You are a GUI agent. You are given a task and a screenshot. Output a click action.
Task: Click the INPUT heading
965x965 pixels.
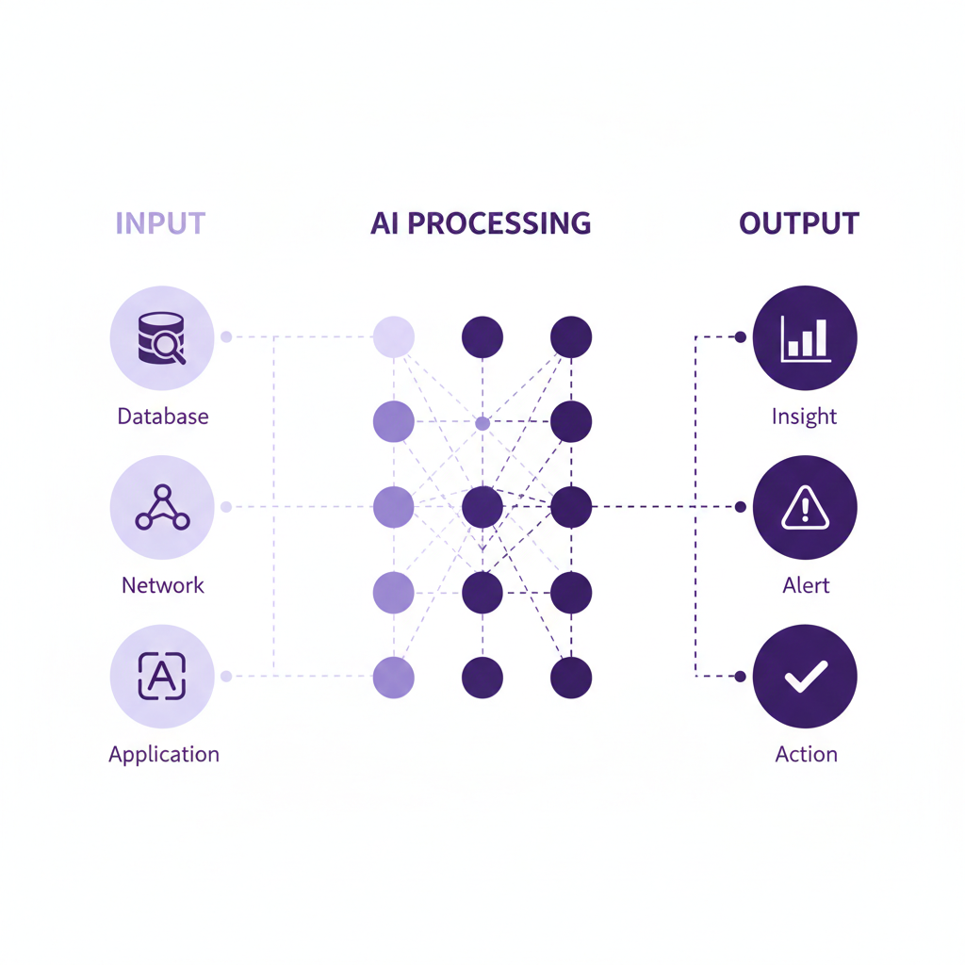(160, 223)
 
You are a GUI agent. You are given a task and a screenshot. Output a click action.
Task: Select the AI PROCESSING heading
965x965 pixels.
(481, 223)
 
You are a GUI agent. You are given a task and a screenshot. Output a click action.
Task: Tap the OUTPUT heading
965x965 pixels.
(799, 223)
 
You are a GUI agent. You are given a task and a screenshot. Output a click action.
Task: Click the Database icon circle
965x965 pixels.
(162, 337)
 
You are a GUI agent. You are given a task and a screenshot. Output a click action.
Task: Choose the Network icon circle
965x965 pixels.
(162, 507)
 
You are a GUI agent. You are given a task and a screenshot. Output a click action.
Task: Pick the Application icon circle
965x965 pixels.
(162, 677)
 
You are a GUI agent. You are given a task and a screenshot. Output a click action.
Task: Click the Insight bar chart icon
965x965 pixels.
(805, 337)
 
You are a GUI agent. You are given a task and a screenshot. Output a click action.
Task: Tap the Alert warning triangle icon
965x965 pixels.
(805, 508)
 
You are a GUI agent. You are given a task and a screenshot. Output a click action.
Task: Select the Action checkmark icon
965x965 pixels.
(805, 677)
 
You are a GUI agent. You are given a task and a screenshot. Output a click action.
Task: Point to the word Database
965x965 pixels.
(163, 416)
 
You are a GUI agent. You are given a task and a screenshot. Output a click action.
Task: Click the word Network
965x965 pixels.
(163, 585)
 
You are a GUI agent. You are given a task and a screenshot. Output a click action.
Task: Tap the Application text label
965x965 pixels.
(164, 755)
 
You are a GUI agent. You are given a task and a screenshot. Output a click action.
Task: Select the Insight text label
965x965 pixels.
(804, 416)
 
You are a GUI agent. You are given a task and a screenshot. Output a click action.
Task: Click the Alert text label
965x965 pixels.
(806, 585)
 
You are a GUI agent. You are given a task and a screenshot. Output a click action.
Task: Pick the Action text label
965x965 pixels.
(806, 755)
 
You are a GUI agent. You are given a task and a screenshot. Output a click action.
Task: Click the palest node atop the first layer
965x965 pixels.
(394, 336)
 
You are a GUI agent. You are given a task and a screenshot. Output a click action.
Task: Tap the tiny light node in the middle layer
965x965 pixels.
(482, 423)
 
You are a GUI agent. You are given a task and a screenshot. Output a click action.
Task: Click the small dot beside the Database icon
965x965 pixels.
(226, 336)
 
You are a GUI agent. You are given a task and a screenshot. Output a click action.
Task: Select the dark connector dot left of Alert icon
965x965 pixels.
(741, 507)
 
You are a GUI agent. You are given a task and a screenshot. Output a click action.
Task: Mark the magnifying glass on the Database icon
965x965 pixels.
(171, 348)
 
